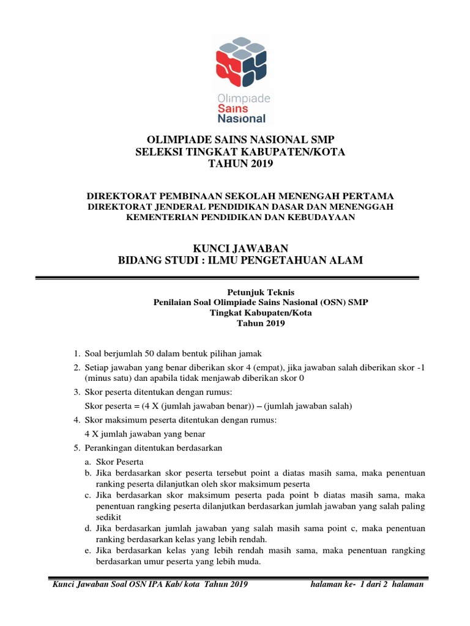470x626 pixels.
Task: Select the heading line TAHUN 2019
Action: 240,164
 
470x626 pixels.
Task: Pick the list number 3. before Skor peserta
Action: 76,392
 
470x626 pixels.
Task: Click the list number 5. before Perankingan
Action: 76,448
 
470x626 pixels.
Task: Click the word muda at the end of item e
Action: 250,562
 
